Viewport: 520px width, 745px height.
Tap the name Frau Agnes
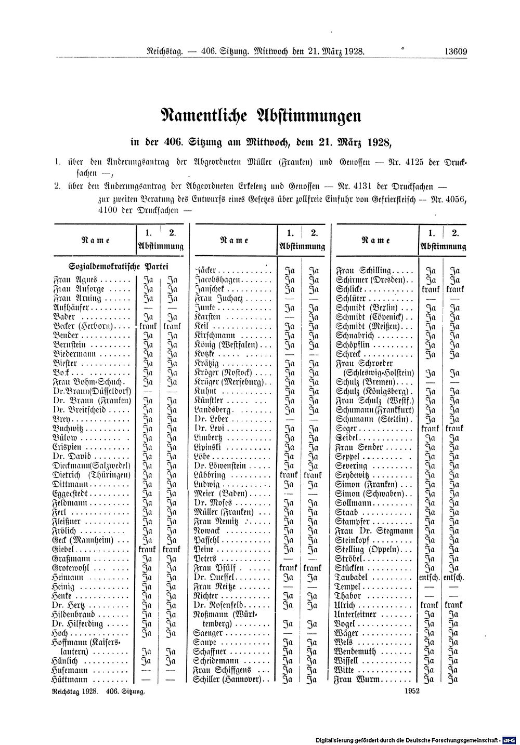[72, 280]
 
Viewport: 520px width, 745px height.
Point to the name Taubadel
[353, 577]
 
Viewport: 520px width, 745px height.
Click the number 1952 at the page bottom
[410, 691]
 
